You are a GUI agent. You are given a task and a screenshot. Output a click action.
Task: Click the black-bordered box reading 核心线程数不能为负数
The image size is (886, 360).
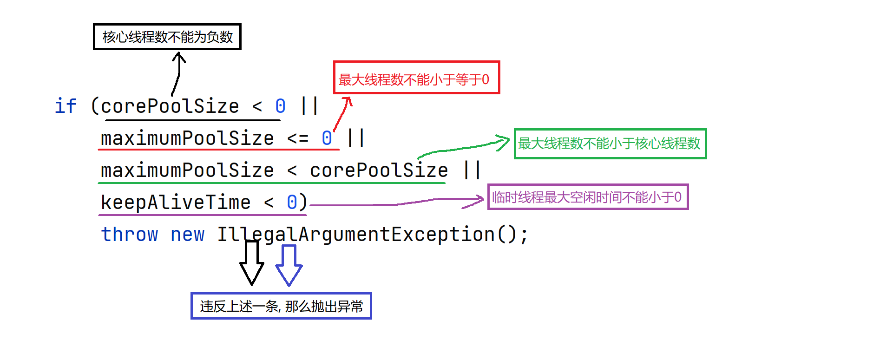(x=167, y=37)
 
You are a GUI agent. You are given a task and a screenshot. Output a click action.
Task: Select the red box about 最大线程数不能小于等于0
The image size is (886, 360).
(x=416, y=78)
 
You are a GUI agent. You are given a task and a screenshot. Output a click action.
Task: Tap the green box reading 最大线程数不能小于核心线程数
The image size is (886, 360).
(x=610, y=144)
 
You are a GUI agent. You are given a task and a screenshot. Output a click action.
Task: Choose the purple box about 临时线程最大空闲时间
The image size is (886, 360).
(x=588, y=197)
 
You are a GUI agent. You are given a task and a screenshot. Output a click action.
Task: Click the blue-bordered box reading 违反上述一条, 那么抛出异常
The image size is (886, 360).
(x=281, y=306)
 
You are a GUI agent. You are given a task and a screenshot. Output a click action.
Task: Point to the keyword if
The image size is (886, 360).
(x=66, y=106)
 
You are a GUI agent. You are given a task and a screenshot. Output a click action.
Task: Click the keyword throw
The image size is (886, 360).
(x=130, y=234)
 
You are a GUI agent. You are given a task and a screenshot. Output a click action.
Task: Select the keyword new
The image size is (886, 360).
(x=187, y=234)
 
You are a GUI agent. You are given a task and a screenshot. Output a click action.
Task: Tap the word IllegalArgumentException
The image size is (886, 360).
(x=356, y=234)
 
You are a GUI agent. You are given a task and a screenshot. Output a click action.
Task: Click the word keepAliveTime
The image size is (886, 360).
(x=176, y=202)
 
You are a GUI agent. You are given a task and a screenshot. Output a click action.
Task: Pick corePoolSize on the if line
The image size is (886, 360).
(x=170, y=106)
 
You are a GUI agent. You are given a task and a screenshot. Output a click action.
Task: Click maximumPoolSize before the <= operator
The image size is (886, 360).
(x=187, y=138)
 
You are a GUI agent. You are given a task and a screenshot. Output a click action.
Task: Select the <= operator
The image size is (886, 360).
(x=298, y=138)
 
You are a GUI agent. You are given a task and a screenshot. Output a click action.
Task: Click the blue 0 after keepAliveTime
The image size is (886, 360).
(x=292, y=202)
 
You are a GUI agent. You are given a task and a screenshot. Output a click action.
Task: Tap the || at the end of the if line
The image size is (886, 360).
(x=309, y=106)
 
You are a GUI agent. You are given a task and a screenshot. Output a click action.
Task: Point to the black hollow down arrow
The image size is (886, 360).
(x=252, y=263)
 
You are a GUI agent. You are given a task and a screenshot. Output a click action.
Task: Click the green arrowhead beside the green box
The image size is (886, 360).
(x=503, y=143)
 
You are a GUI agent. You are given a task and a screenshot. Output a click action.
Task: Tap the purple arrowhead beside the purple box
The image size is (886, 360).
(x=476, y=200)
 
